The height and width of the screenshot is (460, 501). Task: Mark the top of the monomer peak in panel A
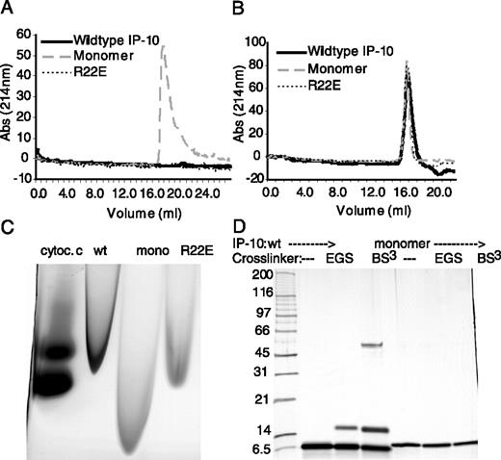pyautogui.click(x=163, y=46)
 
